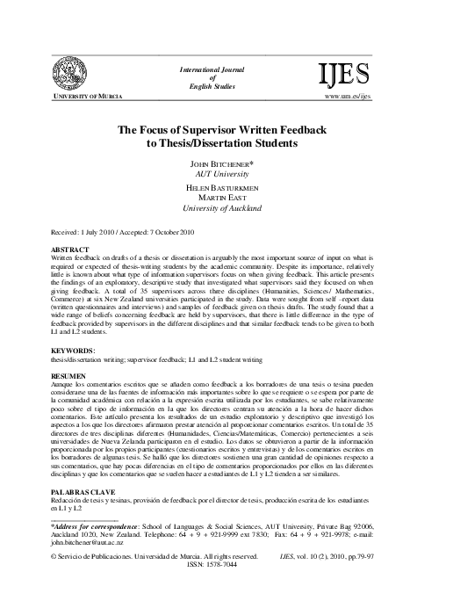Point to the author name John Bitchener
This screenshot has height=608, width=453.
(226, 164)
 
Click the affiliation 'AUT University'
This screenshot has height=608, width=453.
(226, 175)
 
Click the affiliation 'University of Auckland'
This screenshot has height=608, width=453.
(226, 211)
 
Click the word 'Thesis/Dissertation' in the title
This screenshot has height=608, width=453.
(202, 143)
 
